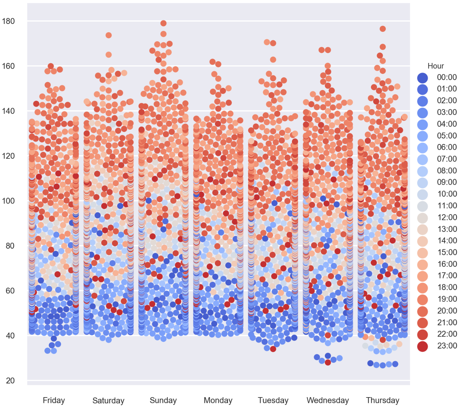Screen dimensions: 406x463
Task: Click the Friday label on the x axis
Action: (54, 400)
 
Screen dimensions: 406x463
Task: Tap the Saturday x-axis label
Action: (108, 401)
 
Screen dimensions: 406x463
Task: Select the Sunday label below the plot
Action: (163, 400)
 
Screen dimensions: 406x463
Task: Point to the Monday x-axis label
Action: (218, 400)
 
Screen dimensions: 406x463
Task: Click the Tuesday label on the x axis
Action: (273, 400)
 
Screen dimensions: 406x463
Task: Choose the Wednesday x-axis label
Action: (328, 400)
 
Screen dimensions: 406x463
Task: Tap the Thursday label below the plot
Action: (383, 400)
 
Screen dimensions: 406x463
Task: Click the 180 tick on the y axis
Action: (8, 21)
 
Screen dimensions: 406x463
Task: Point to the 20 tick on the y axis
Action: (10, 381)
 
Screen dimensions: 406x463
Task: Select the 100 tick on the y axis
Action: (8, 201)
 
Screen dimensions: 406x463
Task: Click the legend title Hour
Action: (436, 66)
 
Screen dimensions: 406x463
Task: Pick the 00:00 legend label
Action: (447, 77)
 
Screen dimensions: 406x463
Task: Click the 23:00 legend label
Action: (447, 346)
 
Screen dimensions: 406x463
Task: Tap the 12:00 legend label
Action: (447, 218)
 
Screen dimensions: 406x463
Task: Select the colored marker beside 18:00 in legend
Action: (423, 288)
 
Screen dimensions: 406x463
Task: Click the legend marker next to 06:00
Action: (423, 148)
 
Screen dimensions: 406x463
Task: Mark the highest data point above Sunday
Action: (164, 23)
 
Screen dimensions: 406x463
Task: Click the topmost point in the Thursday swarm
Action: (383, 29)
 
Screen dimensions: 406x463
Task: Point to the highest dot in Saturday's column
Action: (108, 35)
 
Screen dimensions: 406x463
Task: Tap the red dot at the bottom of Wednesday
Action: (328, 362)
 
